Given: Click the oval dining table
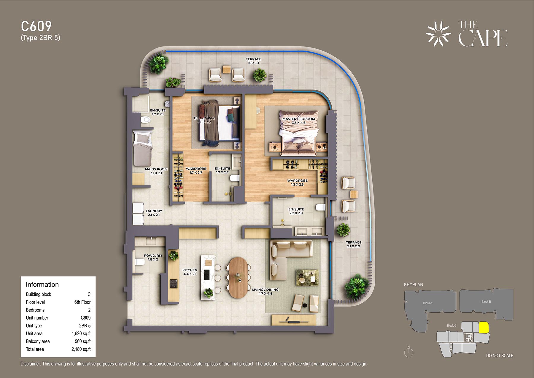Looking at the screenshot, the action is [x=239, y=278].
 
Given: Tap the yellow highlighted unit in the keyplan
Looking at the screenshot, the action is [x=484, y=328].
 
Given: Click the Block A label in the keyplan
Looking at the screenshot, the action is [x=427, y=303].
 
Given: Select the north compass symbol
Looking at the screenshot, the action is [x=409, y=352].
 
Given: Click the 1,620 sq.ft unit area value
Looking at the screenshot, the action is [x=81, y=333].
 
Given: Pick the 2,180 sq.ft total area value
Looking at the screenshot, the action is [x=81, y=349].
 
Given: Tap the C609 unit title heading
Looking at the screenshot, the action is [x=36, y=26].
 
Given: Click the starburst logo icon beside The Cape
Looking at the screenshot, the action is [x=438, y=34].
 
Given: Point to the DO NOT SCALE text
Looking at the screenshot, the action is [x=500, y=355].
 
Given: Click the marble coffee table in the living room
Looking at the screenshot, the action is [x=307, y=278].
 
